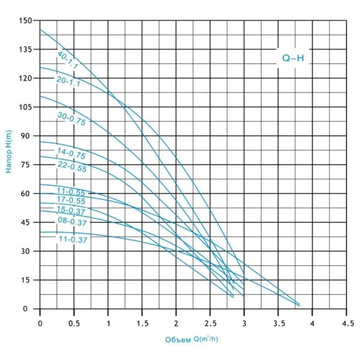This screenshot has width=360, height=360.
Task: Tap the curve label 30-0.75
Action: [72, 119]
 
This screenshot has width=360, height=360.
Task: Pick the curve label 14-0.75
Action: [71, 153]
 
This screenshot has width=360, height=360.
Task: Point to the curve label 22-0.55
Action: [72, 166]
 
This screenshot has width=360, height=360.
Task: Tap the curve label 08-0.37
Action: [71, 221]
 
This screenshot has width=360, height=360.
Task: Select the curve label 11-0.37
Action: [73, 239]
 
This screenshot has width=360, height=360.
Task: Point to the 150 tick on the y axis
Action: [25, 20]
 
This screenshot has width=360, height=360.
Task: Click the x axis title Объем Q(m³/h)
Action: [192, 340]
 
